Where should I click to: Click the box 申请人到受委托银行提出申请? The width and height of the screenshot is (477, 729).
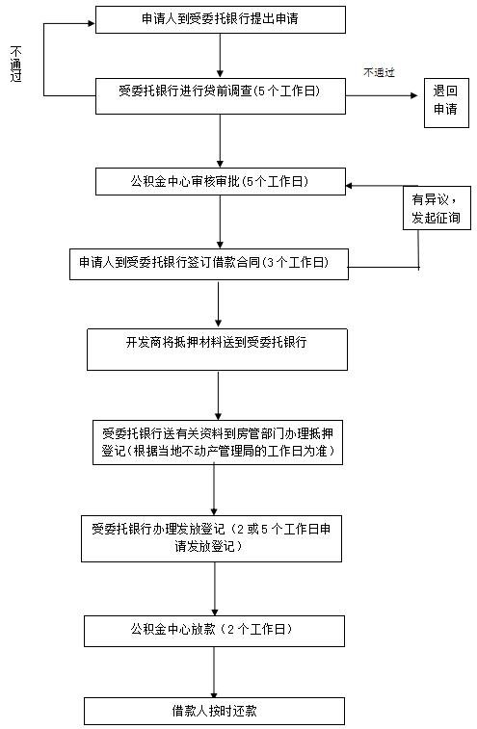pyautogui.click(x=221, y=19)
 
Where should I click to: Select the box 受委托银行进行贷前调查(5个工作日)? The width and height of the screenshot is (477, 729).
pyautogui.click(x=221, y=96)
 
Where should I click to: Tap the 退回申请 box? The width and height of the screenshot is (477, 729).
pyautogui.click(x=446, y=103)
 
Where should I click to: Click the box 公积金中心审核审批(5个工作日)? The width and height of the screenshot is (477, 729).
pyautogui.click(x=221, y=181)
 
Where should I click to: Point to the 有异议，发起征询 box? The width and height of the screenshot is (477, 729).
pyautogui.click(x=437, y=208)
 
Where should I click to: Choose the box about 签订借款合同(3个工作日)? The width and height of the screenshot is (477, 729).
pyautogui.click(x=209, y=264)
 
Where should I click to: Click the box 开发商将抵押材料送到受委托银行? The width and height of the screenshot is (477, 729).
pyautogui.click(x=218, y=350)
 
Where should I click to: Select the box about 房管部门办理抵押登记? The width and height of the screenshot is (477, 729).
pyautogui.click(x=218, y=443)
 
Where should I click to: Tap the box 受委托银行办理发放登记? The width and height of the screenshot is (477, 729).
pyautogui.click(x=212, y=538)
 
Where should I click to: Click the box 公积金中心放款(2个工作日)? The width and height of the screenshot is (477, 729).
pyautogui.click(x=215, y=631)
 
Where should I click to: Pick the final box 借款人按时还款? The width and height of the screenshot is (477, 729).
pyautogui.click(x=215, y=711)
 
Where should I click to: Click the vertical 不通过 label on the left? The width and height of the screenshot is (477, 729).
pyautogui.click(x=15, y=64)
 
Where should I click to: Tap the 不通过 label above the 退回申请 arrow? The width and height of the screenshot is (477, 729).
pyautogui.click(x=379, y=72)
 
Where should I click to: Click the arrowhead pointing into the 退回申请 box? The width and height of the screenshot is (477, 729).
pyautogui.click(x=414, y=95)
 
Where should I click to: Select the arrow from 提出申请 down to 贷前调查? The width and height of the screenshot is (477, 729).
pyautogui.click(x=220, y=55)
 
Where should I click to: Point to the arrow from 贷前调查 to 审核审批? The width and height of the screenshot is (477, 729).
pyautogui.click(x=220, y=141)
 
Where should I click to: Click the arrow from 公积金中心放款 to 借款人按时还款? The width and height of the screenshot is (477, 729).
pyautogui.click(x=214, y=672)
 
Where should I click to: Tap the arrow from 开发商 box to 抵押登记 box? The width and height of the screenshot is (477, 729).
pyautogui.click(x=218, y=396)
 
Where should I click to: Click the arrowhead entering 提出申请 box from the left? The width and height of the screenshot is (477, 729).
pyautogui.click(x=92, y=23)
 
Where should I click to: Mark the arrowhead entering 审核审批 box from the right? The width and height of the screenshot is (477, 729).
pyautogui.click(x=350, y=186)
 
